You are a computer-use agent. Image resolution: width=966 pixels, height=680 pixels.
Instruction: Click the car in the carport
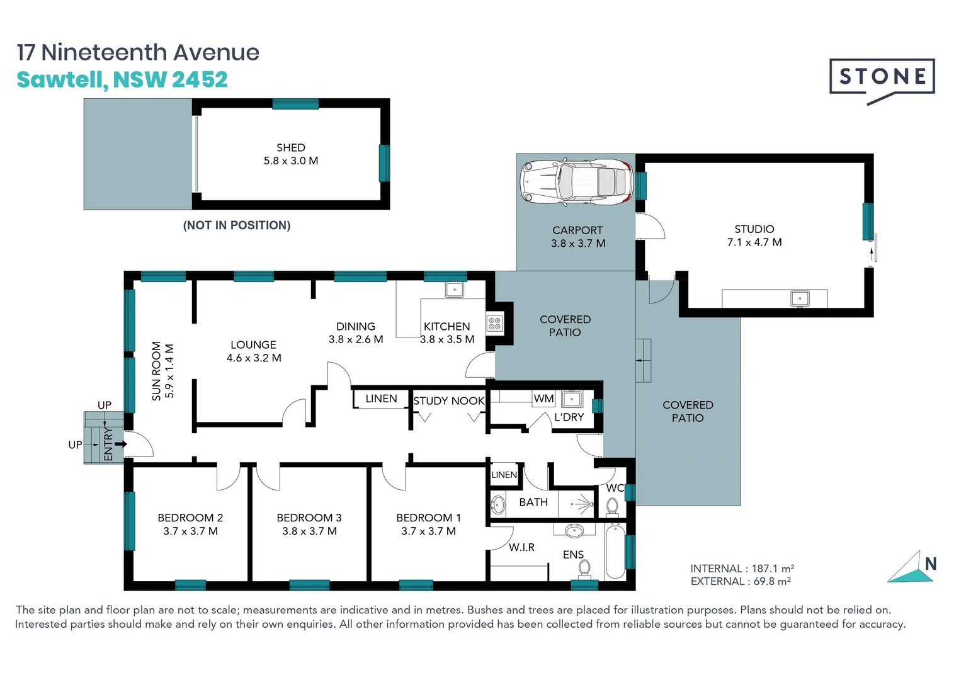[x=576, y=182]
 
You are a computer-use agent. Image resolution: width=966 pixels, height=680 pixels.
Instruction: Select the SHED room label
[x=290, y=148]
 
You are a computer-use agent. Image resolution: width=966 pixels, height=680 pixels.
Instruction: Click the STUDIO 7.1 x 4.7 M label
[x=754, y=235]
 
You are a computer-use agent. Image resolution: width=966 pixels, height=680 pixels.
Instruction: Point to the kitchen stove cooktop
[x=494, y=324]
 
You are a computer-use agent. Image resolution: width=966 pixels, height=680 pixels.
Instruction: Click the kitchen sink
[x=454, y=290]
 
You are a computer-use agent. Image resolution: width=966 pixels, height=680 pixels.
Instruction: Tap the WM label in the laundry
[x=543, y=399]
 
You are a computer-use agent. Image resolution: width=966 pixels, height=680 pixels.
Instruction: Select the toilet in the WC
[x=612, y=506]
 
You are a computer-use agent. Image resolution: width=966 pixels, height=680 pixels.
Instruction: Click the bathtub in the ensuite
[x=615, y=552]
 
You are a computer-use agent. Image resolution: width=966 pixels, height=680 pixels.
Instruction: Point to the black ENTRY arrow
[x=120, y=444]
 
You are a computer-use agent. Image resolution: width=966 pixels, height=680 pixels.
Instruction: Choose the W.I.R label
[x=521, y=547]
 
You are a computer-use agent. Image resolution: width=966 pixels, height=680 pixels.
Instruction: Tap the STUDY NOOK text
[x=448, y=400]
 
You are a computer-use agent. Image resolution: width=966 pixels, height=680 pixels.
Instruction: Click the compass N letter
[x=931, y=564]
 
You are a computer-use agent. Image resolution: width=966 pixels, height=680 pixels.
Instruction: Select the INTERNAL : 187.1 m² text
[x=742, y=569]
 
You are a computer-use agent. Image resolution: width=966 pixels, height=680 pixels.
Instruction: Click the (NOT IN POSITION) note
[x=237, y=225]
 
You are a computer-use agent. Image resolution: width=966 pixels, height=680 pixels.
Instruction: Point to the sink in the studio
[x=799, y=298]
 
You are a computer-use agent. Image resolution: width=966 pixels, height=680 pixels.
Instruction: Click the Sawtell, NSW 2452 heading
[x=122, y=80]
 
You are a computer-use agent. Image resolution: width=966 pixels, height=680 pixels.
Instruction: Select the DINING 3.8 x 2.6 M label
[x=356, y=332]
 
